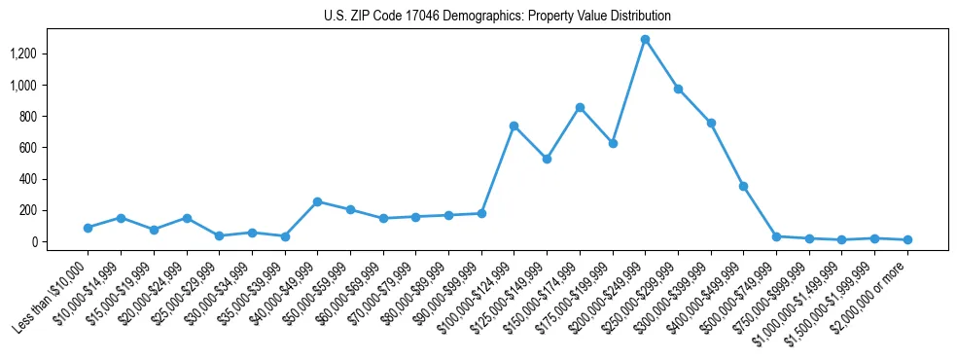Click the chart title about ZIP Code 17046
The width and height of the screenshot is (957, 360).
[497, 17]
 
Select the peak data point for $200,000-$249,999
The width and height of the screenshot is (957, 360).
[645, 40]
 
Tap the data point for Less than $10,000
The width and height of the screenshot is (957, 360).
[88, 228]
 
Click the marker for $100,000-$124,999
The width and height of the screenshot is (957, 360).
[514, 126]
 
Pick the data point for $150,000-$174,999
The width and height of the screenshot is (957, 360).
[580, 107]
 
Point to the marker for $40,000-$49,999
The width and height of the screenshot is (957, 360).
[317, 201]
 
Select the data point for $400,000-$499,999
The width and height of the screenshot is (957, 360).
[743, 186]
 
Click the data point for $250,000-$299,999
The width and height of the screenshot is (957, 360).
[678, 89]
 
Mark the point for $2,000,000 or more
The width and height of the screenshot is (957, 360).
[907, 239]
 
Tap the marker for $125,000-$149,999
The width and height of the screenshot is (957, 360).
[547, 159]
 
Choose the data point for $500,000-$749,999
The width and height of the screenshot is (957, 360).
[776, 236]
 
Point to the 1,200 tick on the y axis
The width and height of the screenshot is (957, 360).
[50, 54]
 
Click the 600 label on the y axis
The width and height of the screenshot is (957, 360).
[54, 148]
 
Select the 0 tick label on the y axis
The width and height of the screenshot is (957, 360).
[60, 242]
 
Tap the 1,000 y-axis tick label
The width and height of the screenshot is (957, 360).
[50, 86]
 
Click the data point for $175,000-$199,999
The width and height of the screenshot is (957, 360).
[613, 143]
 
